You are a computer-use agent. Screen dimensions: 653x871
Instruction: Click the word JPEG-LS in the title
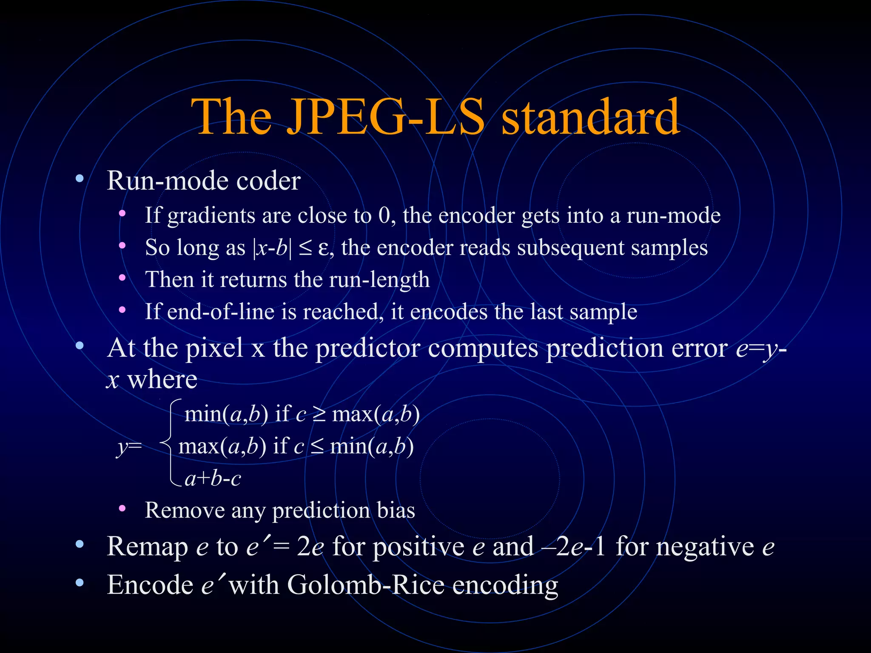pyautogui.click(x=385, y=117)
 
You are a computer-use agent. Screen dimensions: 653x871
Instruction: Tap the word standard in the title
pyautogui.click(x=591, y=117)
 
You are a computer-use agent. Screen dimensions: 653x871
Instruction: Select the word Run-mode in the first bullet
pyautogui.click(x=168, y=181)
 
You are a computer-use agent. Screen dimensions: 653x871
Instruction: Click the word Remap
pyautogui.click(x=147, y=547)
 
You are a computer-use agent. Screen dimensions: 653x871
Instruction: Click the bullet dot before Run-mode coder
pyautogui.click(x=80, y=179)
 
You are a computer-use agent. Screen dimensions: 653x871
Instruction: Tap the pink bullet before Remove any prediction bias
pyautogui.click(x=122, y=508)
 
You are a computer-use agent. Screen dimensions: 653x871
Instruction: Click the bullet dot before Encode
pyautogui.click(x=80, y=583)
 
